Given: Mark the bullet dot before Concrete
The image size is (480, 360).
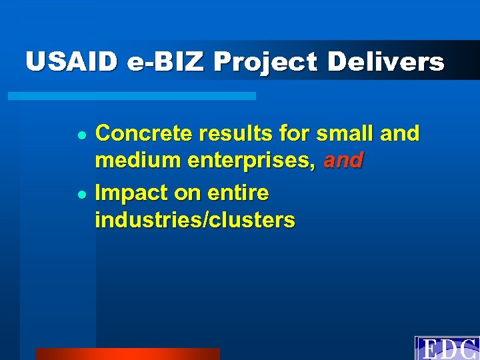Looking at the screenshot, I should pyautogui.click(x=80, y=135).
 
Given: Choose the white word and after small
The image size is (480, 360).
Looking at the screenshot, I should pyautogui.click(x=399, y=134).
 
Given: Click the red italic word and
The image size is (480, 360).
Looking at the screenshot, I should pyautogui.click(x=343, y=161).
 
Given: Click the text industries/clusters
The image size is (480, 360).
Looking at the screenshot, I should pyautogui.click(x=195, y=220).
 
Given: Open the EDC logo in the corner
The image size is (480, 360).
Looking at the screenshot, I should pyautogui.click(x=447, y=348).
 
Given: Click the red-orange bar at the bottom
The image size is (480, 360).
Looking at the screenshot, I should pyautogui.click(x=127, y=354).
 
